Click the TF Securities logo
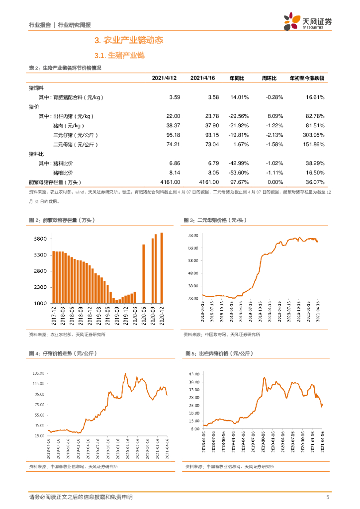coord(308,22)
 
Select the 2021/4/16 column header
coord(203,79)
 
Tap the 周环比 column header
coord(270,79)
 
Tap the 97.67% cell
coord(239,182)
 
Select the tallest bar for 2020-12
coord(162,267)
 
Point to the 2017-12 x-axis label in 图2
coord(53,315)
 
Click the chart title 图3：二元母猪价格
coord(215,220)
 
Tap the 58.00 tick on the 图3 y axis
coord(193,260)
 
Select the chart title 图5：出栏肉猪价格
coord(219,353)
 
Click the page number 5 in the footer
coord(328,497)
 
